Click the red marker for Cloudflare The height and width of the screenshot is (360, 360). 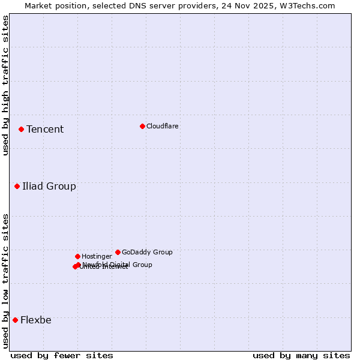(142, 126)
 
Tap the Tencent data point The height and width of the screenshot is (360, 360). (21, 129)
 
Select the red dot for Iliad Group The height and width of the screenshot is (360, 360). (17, 186)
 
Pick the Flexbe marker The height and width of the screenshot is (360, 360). (15, 320)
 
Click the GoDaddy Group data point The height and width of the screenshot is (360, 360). (118, 252)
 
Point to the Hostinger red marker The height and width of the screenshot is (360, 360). (77, 256)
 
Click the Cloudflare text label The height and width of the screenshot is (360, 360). (162, 126)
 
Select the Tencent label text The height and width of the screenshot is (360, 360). (45, 129)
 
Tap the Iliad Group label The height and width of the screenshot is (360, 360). (49, 186)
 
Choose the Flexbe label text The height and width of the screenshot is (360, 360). (36, 320)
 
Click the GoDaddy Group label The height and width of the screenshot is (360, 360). (147, 252)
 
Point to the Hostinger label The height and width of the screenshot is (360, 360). (97, 256)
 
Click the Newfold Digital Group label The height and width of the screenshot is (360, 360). (118, 264)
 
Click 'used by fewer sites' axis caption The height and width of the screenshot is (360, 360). (62, 355)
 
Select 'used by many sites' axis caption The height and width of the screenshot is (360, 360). (301, 355)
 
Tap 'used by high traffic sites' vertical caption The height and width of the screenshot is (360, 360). (5, 85)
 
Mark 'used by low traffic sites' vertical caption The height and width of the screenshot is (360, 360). (5, 281)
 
